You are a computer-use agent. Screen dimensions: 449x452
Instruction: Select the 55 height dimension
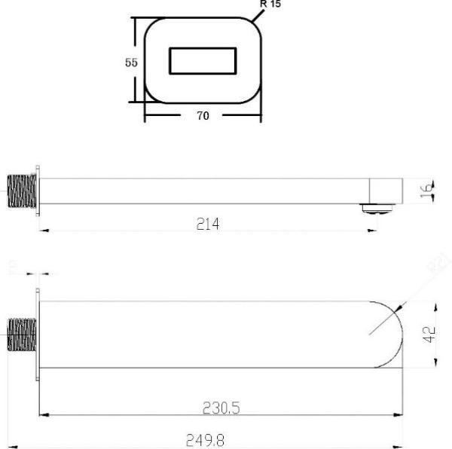click(131, 63)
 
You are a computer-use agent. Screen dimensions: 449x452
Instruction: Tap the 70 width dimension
click(203, 115)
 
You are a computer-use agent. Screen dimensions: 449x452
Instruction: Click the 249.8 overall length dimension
click(205, 439)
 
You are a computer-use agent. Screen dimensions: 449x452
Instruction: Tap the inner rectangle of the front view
click(203, 61)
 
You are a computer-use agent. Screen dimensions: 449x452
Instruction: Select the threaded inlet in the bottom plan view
click(20, 334)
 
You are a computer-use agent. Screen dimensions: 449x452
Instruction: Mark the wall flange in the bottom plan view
click(35, 334)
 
